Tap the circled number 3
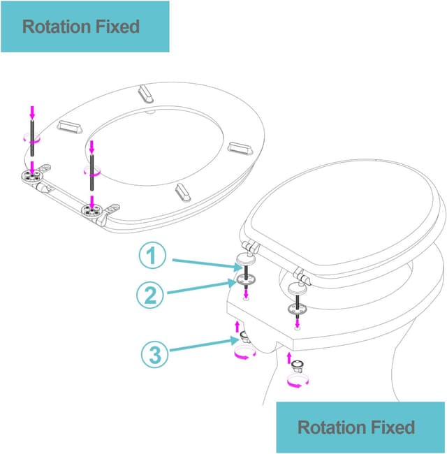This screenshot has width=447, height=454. tap(154, 354)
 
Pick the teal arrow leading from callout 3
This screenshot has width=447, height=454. tap(203, 345)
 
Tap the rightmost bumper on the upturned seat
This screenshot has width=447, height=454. tap(239, 148)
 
